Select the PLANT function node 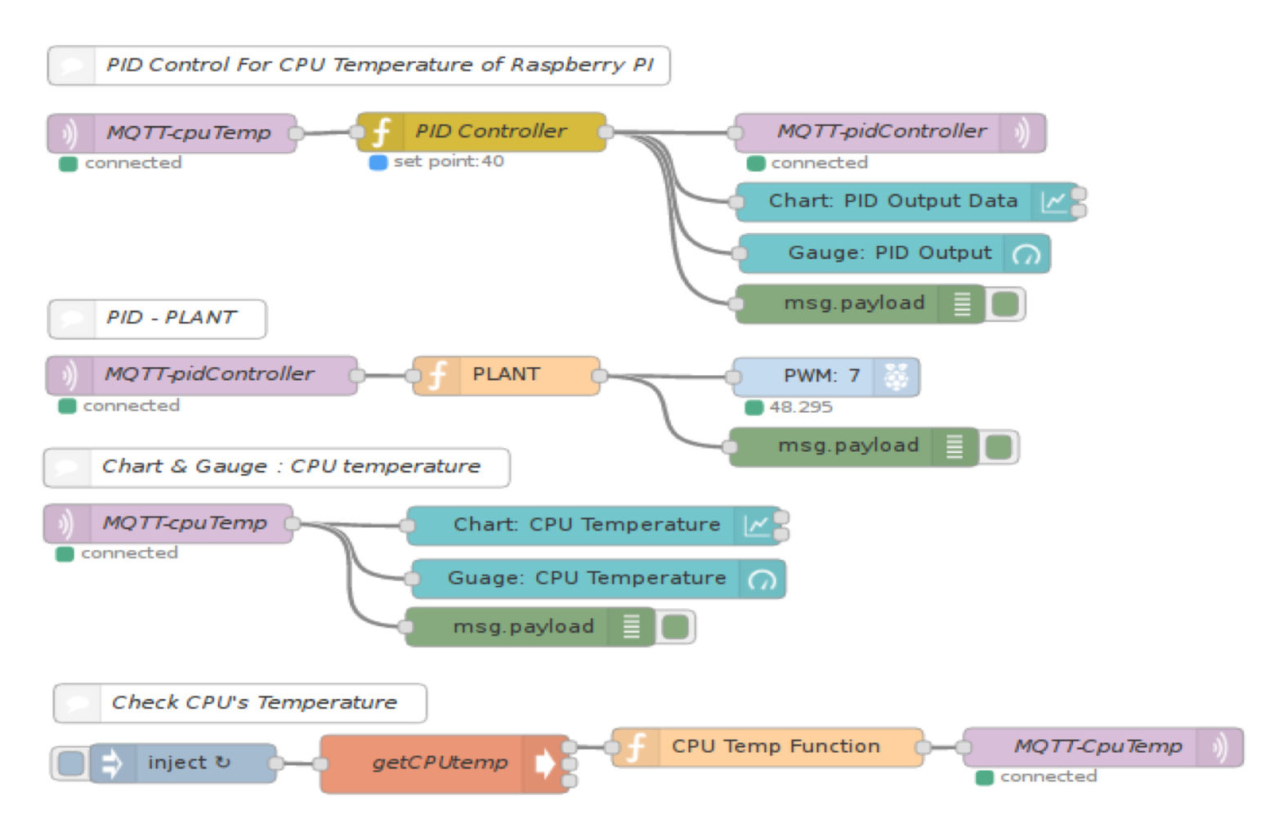click(x=506, y=375)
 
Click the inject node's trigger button click(x=71, y=763)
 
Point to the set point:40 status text click(x=448, y=162)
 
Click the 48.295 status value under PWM click(x=800, y=407)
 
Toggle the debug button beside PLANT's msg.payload click(x=999, y=447)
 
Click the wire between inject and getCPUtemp click(x=298, y=763)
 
